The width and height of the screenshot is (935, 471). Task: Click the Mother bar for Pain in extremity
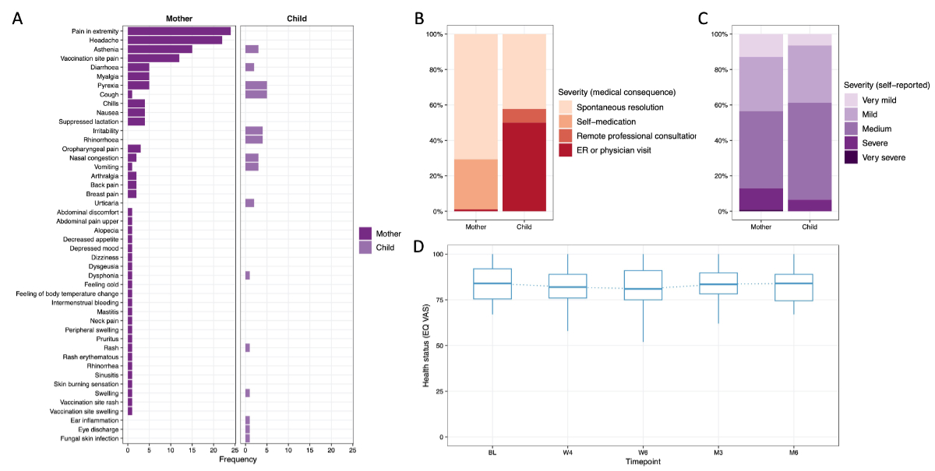(178, 31)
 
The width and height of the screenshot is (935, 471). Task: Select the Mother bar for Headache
(175, 40)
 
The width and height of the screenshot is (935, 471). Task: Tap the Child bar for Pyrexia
(256, 85)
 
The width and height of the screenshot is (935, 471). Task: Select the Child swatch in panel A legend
(365, 248)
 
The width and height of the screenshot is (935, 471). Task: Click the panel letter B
(420, 18)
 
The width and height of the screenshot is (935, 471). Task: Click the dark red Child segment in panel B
(524, 167)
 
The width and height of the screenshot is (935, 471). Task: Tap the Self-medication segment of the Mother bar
(476, 184)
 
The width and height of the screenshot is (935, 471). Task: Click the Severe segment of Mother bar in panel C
(761, 199)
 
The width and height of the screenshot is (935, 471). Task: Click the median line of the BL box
(492, 283)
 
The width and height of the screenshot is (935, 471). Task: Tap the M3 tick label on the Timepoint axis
(718, 452)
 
